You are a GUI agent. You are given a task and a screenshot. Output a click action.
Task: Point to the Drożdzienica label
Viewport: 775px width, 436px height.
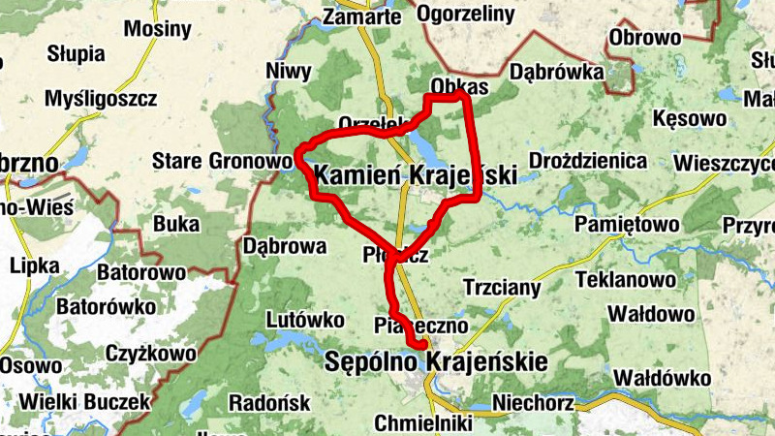click(587, 159)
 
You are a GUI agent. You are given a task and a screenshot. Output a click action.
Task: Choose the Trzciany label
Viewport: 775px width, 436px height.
click(502, 288)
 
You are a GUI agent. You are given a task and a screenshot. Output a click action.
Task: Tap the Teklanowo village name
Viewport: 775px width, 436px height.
click(625, 280)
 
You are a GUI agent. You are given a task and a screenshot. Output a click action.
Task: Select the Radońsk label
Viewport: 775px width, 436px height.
click(269, 402)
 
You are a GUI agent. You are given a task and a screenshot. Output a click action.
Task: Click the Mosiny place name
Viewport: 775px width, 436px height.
click(158, 29)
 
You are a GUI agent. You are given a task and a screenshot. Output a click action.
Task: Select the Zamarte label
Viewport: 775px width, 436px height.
click(361, 16)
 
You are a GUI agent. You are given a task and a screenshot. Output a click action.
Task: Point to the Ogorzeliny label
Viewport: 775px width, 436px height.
click(464, 14)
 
